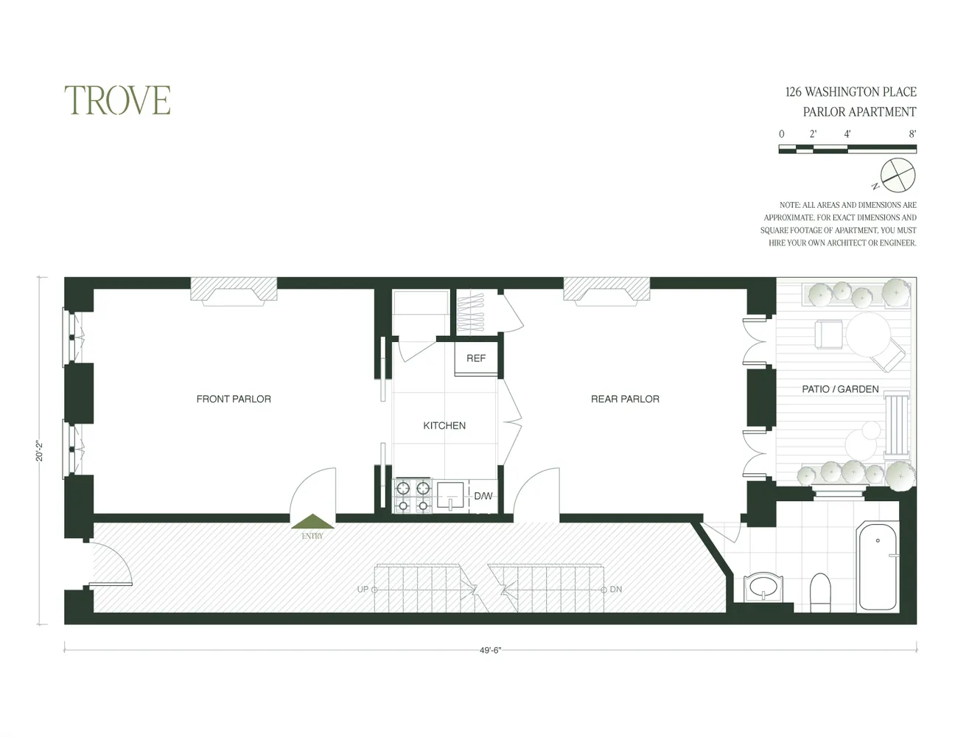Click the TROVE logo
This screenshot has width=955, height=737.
(x=117, y=100)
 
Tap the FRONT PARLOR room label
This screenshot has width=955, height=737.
(x=234, y=399)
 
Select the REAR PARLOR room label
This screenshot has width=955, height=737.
(x=625, y=399)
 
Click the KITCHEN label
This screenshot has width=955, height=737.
(x=444, y=425)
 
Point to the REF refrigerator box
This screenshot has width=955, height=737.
(x=476, y=358)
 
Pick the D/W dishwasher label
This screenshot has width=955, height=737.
(x=483, y=496)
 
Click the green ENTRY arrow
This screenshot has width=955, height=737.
(x=312, y=522)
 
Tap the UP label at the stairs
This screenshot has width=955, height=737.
(x=363, y=590)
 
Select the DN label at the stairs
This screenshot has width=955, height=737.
(x=616, y=590)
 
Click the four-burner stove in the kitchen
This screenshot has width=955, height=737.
(x=413, y=496)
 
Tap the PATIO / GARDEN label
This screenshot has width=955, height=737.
(x=840, y=389)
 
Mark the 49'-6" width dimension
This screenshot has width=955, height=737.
(x=490, y=651)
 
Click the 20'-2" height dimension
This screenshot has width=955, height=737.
(x=40, y=451)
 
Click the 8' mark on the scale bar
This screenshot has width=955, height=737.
(x=912, y=134)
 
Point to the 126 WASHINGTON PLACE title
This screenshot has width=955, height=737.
(x=850, y=92)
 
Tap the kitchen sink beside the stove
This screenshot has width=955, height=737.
(x=449, y=495)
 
